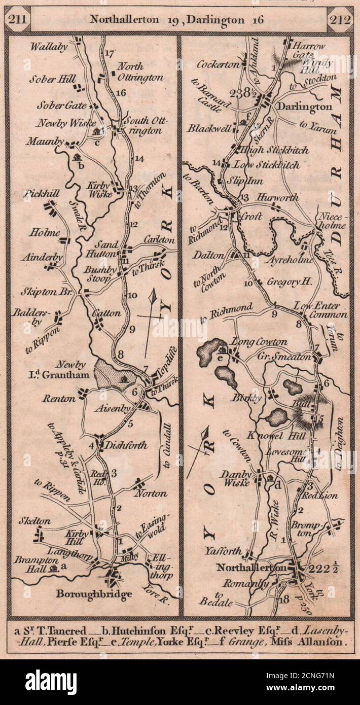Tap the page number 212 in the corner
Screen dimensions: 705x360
[x=340, y=20]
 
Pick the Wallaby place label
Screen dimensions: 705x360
[x=49, y=47]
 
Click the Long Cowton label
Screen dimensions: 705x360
[x=259, y=342]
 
